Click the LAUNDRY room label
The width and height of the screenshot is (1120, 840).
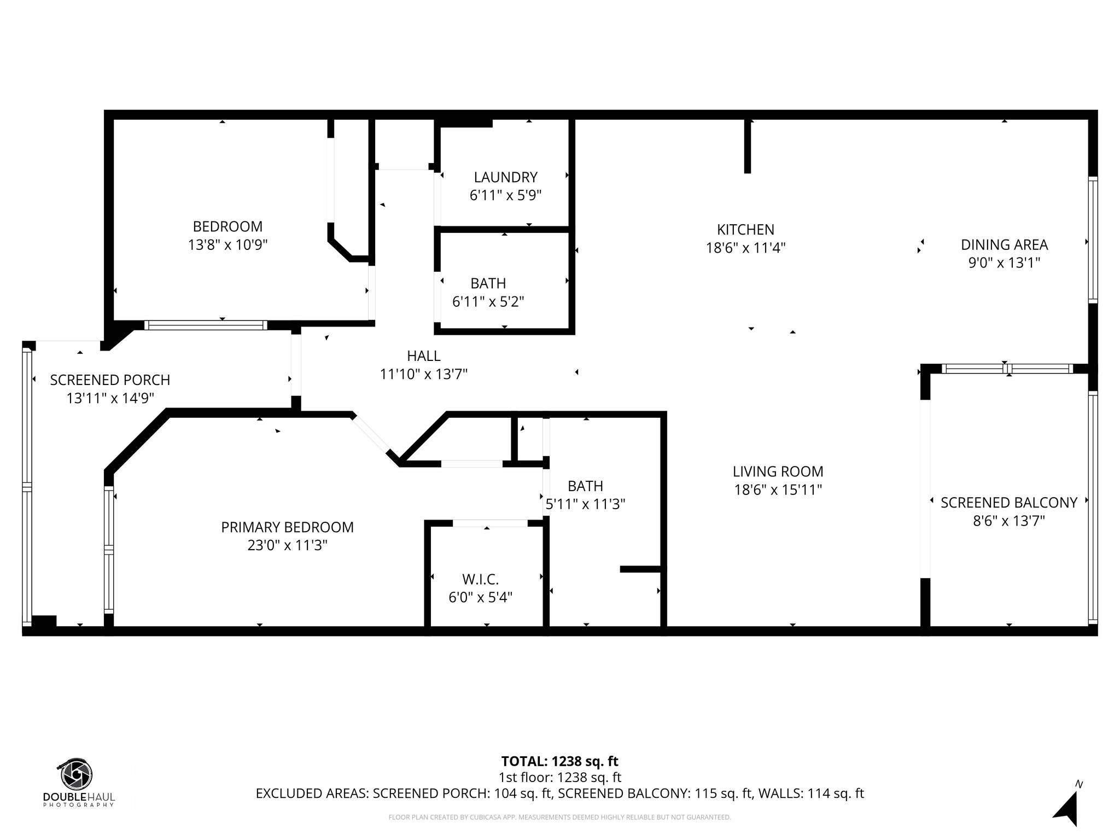(x=505, y=177)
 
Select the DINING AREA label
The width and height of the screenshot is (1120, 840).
(x=1004, y=244)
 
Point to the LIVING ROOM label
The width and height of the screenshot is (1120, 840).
(x=778, y=471)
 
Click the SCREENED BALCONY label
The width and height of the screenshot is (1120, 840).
(x=1008, y=503)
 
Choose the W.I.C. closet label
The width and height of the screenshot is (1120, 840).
(x=480, y=579)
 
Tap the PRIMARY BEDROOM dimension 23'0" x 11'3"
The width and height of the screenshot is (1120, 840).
(x=287, y=545)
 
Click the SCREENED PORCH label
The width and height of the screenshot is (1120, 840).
(x=110, y=380)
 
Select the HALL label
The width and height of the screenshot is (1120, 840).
(x=423, y=356)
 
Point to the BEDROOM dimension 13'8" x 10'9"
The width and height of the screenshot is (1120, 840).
(x=227, y=244)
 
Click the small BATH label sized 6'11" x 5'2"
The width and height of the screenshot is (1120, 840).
(x=488, y=283)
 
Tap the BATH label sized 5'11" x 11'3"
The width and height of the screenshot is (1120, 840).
(x=585, y=486)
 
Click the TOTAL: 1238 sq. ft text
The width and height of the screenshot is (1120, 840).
(x=559, y=761)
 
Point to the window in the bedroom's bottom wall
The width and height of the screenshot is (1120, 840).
(x=206, y=325)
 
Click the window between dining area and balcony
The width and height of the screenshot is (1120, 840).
(x=1007, y=369)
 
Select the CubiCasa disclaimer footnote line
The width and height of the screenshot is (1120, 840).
(x=559, y=818)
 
